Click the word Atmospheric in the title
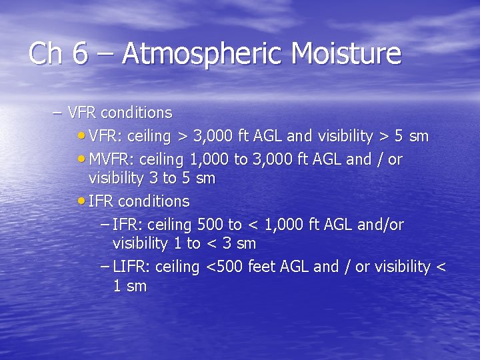(x=199, y=53)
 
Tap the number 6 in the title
(x=80, y=53)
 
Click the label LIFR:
(x=131, y=267)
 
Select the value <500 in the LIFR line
(x=225, y=267)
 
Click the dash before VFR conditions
(x=58, y=113)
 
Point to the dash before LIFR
(x=105, y=266)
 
